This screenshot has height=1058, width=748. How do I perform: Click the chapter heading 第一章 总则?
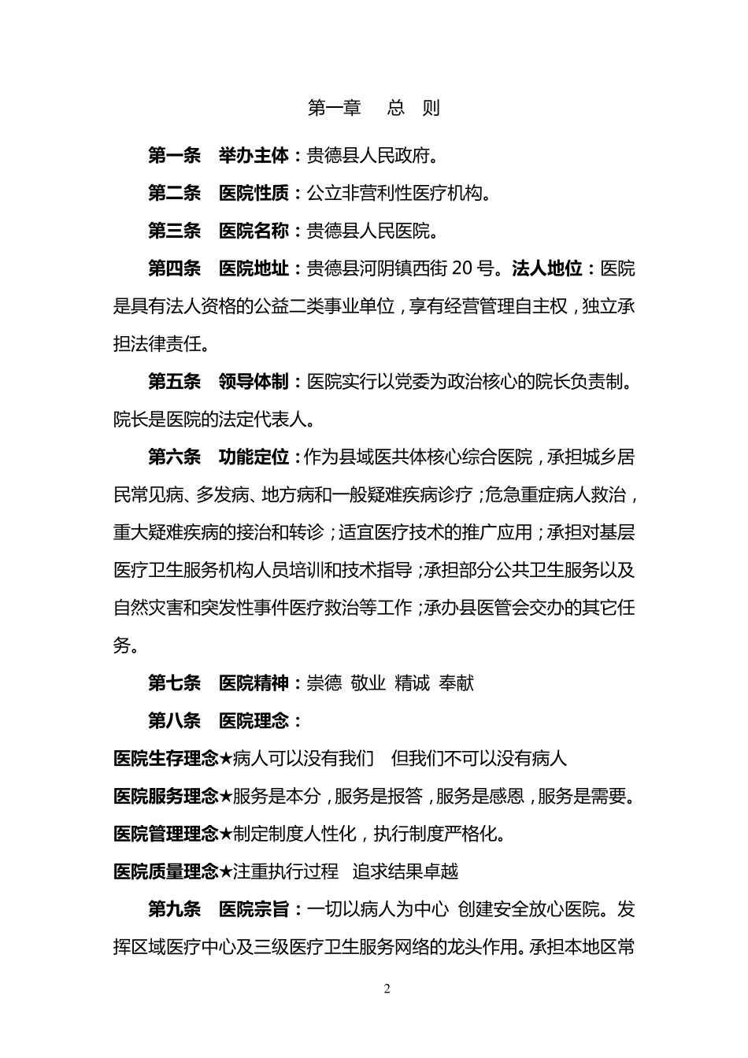(x=373, y=108)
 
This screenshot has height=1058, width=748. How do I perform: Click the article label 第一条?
(x=175, y=156)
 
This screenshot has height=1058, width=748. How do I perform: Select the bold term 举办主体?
(x=254, y=156)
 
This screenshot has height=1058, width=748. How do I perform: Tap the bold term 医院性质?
(x=254, y=193)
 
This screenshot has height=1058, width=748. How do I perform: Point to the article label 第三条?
(x=175, y=231)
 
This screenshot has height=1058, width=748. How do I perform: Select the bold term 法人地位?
(x=546, y=268)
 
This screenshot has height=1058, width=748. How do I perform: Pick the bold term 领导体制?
(x=254, y=382)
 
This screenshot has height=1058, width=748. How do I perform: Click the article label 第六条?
(x=175, y=457)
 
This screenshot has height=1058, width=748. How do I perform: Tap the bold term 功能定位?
(x=254, y=457)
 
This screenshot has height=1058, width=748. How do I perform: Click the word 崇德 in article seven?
(x=324, y=683)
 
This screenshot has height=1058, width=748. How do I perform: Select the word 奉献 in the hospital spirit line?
(x=457, y=683)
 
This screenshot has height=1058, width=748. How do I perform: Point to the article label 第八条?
(x=175, y=720)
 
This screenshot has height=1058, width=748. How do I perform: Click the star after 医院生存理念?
(x=226, y=759)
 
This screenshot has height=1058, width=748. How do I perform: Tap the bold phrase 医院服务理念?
(x=165, y=796)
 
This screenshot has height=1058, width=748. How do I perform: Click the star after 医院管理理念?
(x=226, y=834)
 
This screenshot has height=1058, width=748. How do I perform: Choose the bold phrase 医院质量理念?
(x=165, y=871)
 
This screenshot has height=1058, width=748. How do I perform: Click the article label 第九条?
(x=175, y=909)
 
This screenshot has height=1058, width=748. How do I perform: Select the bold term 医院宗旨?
(x=254, y=909)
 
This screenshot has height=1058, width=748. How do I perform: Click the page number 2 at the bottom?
(x=387, y=990)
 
